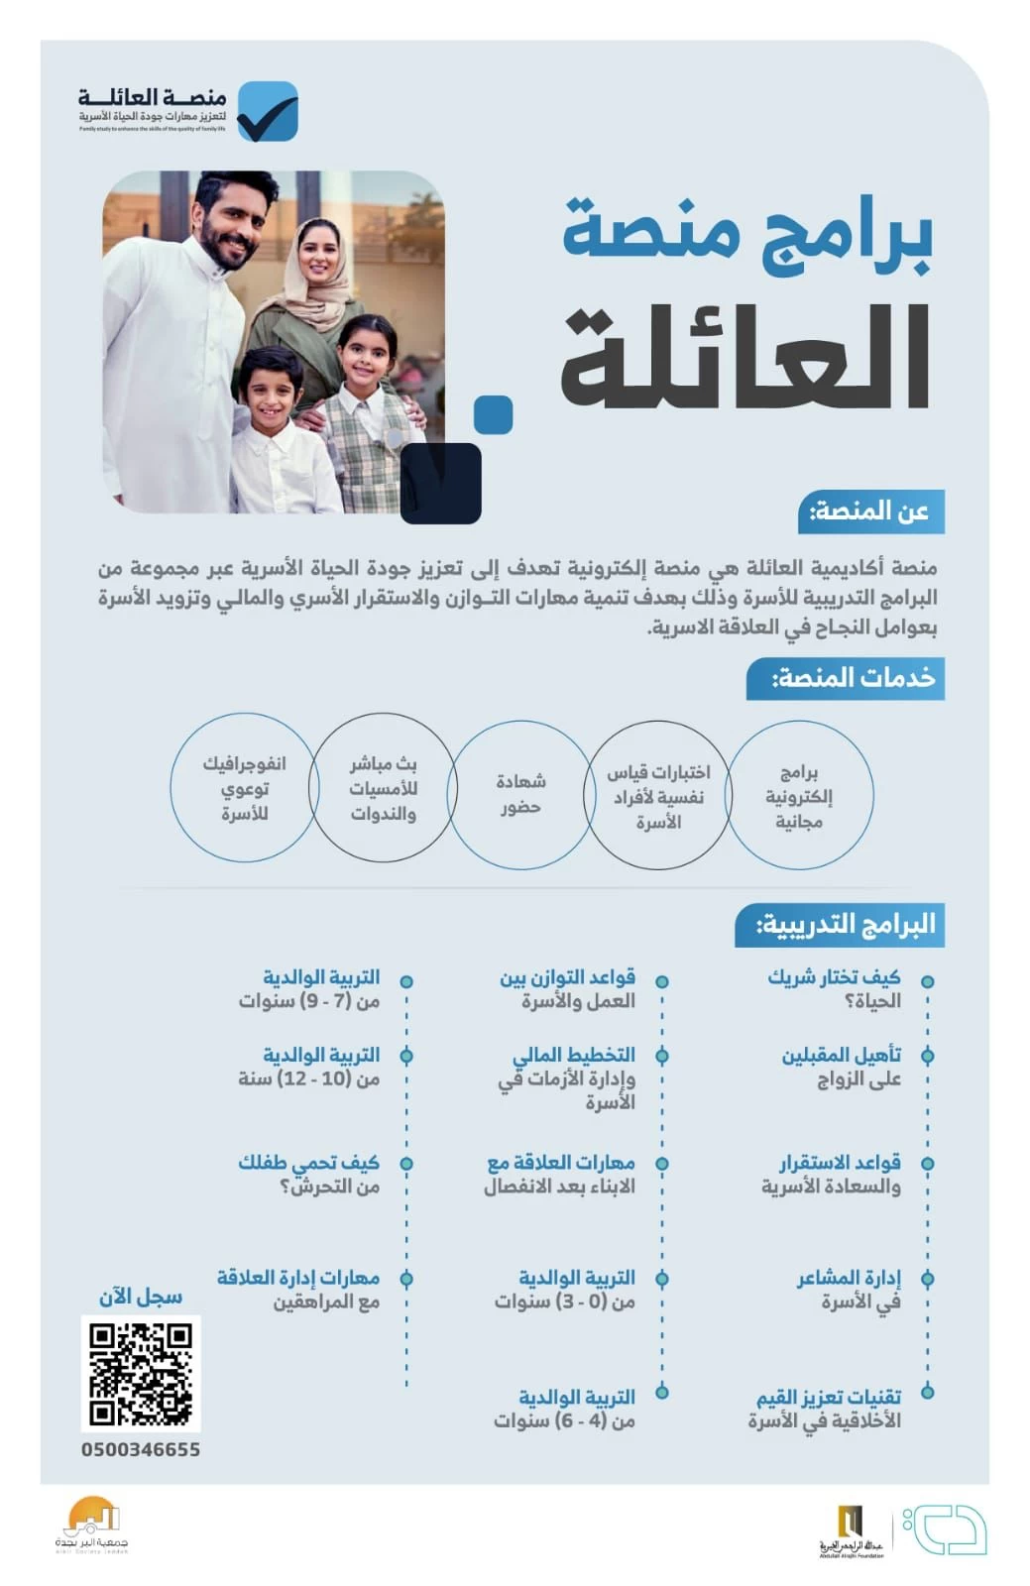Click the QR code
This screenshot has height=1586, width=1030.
click(x=141, y=1373)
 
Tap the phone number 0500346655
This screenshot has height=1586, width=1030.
click(x=141, y=1449)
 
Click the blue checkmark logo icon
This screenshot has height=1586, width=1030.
click(x=267, y=111)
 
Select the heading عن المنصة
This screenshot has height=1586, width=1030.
click(x=870, y=511)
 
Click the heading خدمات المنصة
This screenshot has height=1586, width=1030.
click(x=846, y=678)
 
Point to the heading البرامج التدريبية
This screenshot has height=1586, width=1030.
click(x=840, y=925)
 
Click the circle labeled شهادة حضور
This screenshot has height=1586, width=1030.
click(x=520, y=794)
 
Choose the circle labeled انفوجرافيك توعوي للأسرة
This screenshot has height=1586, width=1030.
click(x=244, y=788)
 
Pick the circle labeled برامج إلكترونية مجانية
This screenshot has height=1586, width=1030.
click(x=799, y=795)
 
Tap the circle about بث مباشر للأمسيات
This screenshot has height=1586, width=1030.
click(x=383, y=789)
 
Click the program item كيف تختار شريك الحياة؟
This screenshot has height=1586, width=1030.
click(x=834, y=988)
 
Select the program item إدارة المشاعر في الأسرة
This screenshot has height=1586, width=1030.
click(x=849, y=1290)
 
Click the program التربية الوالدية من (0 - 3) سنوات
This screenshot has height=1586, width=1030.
click(x=565, y=1290)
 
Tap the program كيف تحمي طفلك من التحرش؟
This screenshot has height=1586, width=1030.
click(x=309, y=1174)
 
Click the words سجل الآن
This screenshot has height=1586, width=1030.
click(x=141, y=1297)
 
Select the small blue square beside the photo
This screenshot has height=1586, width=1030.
click(x=493, y=415)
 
